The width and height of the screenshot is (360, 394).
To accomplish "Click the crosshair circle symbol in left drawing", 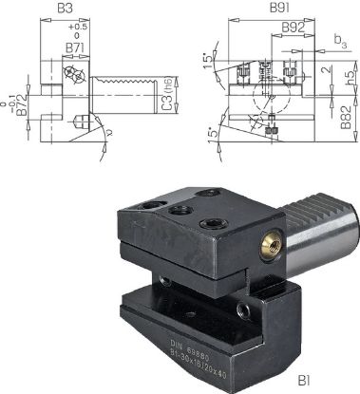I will pyautogui.click(x=69, y=76).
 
